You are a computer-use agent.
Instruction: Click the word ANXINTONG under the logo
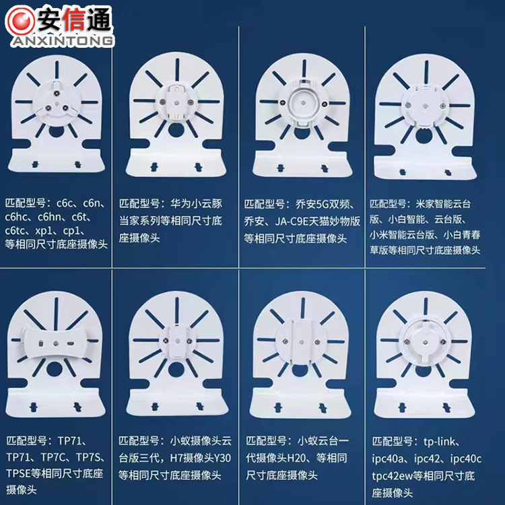click(63, 41)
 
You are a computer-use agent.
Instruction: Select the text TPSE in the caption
click(20, 473)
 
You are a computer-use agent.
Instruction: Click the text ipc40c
click(465, 459)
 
